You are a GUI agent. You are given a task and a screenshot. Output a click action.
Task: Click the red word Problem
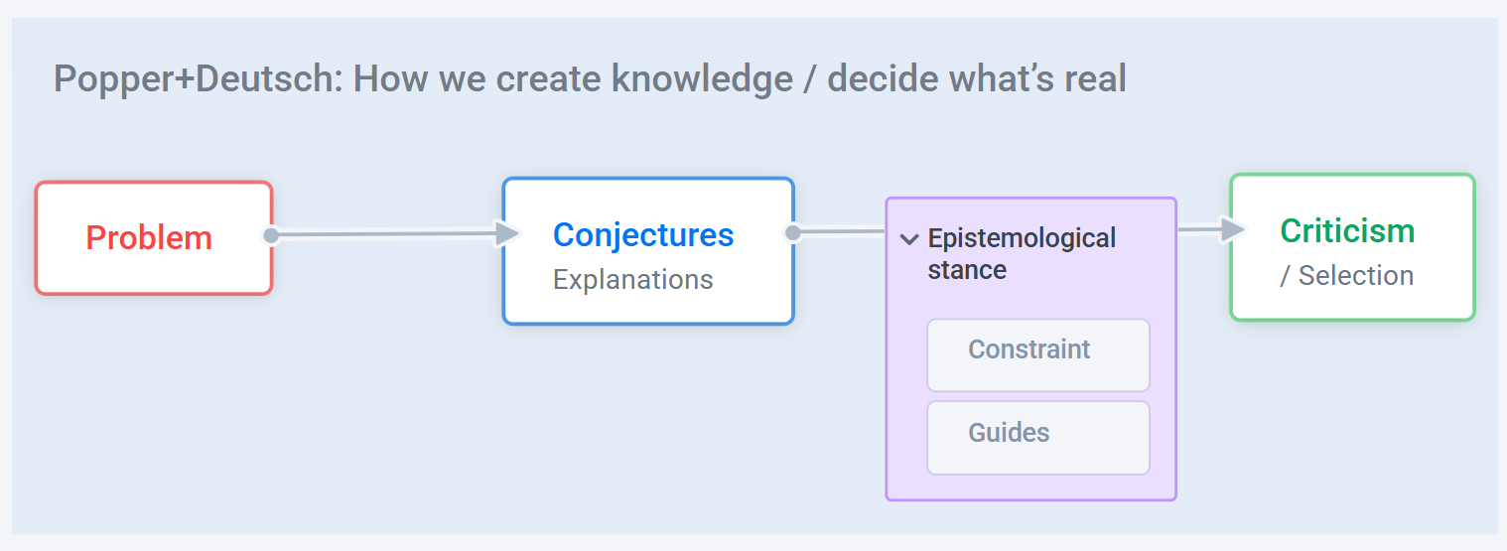pyautogui.click(x=149, y=237)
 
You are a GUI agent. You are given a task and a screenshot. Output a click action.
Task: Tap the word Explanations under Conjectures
pyautogui.click(x=632, y=279)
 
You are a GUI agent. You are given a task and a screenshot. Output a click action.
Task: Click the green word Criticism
pyautogui.click(x=1347, y=230)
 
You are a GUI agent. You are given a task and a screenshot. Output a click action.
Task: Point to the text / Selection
pyautogui.click(x=1346, y=275)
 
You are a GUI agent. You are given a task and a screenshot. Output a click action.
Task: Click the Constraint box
pyautogui.click(x=1038, y=355)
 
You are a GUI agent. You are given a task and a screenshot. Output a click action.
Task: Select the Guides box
pyautogui.click(x=1038, y=438)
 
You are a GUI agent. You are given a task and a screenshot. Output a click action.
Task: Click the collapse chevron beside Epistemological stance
pyautogui.click(x=909, y=239)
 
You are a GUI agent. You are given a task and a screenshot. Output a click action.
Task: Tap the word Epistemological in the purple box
pyautogui.click(x=1022, y=238)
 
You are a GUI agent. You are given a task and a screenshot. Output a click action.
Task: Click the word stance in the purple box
pyautogui.click(x=967, y=270)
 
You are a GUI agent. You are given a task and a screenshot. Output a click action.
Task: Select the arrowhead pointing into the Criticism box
pyautogui.click(x=1234, y=229)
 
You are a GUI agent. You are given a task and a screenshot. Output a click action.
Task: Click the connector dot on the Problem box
pyautogui.click(x=271, y=235)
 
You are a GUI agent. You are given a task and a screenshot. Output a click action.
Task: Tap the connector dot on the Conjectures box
pyautogui.click(x=793, y=232)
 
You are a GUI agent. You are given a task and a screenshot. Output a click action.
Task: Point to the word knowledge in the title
pyautogui.click(x=702, y=78)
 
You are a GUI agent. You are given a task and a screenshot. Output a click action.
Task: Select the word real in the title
pyautogui.click(x=1095, y=78)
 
